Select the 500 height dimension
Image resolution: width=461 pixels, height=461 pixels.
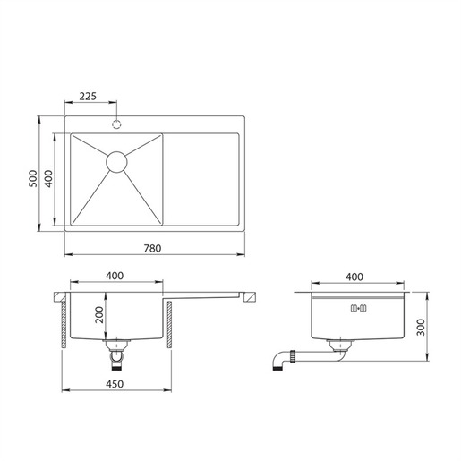[x=33, y=179]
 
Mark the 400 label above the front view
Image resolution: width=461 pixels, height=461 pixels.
[x=114, y=277]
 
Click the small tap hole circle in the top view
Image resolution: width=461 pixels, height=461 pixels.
[x=116, y=120]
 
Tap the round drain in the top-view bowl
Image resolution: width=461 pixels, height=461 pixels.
[x=116, y=161]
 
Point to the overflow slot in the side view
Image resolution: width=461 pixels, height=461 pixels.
[x=358, y=309]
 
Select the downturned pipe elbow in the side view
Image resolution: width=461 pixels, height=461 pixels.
[x=277, y=360]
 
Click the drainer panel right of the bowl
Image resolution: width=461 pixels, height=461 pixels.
[x=201, y=179]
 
